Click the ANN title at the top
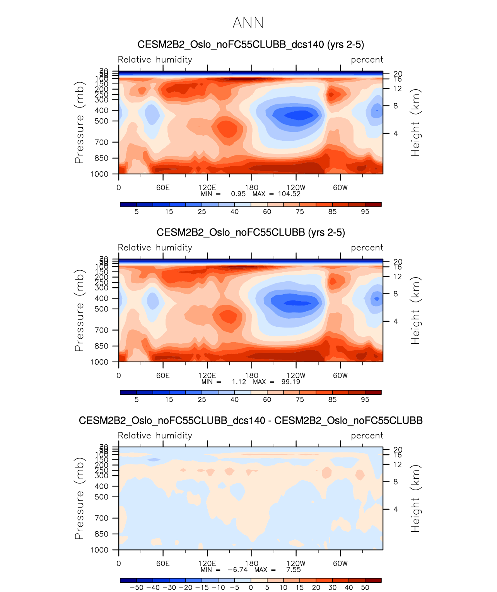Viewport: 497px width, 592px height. [248, 23]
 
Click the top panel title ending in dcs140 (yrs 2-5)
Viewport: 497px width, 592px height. [251, 44]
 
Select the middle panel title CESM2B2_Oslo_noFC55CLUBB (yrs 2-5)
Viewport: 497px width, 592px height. [251, 232]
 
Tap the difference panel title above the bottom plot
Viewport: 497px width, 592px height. [251, 420]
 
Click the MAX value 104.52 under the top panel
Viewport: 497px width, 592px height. [289, 194]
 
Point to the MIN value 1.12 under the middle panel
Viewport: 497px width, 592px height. [239, 382]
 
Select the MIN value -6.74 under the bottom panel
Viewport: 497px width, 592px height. [237, 570]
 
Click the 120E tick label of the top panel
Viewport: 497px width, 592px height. [207, 188]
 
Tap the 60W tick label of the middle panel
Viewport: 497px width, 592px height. [340, 375]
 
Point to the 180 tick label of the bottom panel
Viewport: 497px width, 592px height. [252, 563]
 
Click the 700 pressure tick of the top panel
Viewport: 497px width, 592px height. [102, 142]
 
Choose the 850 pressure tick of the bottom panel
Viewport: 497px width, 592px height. [102, 534]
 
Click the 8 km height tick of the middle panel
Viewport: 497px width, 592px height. [396, 294]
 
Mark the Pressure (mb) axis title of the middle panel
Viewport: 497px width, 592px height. [79, 311]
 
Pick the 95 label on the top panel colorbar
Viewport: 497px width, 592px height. [365, 212]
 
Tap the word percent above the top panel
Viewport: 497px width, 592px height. [367, 60]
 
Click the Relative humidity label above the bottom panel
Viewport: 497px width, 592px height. [155, 436]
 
